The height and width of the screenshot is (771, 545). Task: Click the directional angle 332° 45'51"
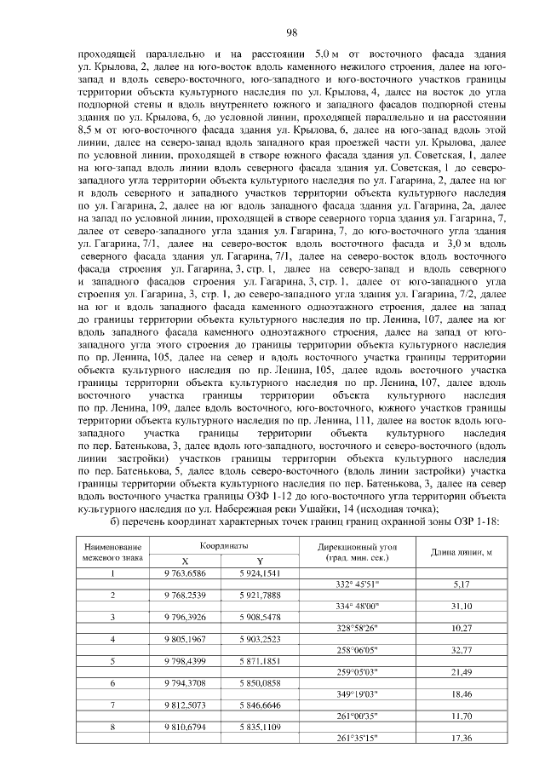pyautogui.click(x=352, y=584)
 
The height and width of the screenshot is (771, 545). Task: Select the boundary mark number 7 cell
pyautogui.click(x=112, y=705)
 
